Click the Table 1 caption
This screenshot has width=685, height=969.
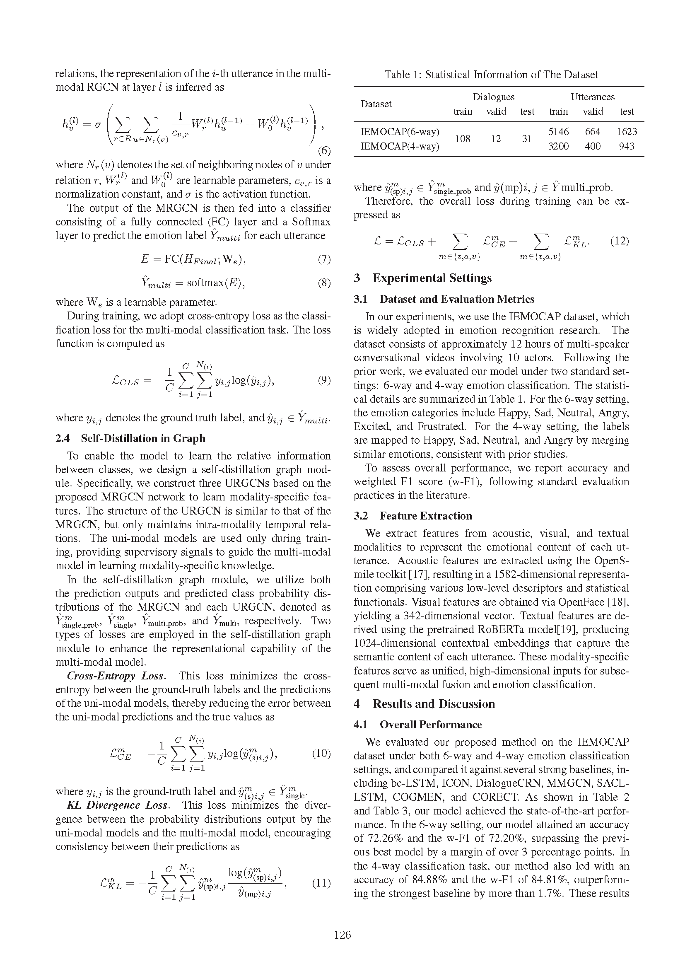point(491,75)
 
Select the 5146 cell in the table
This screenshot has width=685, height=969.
point(558,132)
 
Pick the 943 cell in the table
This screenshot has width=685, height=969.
point(626,146)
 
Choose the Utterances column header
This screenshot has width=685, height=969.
point(592,97)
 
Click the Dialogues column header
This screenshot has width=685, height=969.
point(494,97)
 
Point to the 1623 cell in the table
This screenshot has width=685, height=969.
point(626,132)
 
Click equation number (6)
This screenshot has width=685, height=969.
point(323,151)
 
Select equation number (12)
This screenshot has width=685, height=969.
point(619,241)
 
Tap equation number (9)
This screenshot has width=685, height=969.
point(323,380)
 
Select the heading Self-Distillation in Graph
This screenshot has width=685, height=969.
point(143,438)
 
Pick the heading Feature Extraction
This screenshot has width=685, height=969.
point(426,516)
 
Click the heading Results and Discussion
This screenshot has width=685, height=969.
point(434,704)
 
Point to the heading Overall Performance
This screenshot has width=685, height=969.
point(431,725)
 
